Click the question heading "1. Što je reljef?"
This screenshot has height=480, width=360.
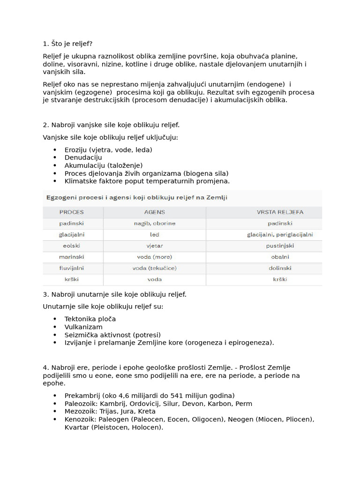(67, 44)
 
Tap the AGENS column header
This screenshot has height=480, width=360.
(154, 212)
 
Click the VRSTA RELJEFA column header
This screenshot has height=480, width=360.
(280, 212)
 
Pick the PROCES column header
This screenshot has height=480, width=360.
(72, 212)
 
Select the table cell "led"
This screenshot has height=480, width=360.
(154, 234)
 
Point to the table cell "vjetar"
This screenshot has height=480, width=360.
(154, 246)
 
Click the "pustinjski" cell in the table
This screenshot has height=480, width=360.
(280, 246)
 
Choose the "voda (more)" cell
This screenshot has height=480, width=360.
(154, 257)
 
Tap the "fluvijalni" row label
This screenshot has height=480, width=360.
(72, 268)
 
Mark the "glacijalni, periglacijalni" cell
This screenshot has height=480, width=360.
(280, 234)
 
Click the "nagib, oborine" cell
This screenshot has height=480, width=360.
(154, 223)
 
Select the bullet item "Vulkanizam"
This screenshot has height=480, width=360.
(83, 327)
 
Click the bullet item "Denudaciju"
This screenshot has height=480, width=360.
(83, 157)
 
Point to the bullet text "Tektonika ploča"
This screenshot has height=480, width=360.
(90, 319)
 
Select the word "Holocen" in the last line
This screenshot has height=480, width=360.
(149, 427)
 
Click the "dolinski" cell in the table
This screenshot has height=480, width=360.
(280, 268)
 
